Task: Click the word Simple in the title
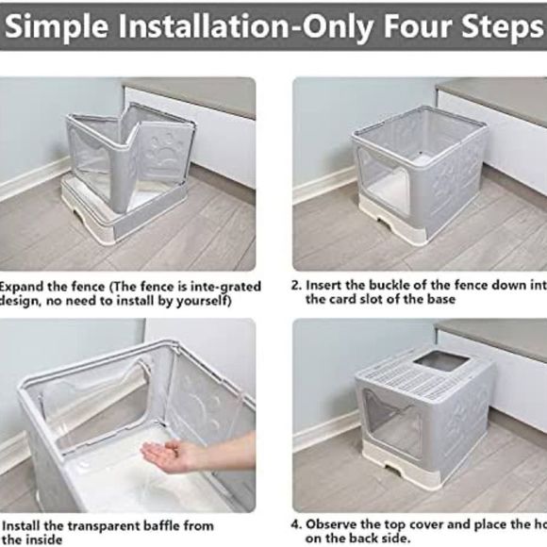point(58,26)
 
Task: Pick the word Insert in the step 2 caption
point(324,285)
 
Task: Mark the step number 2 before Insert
point(296,285)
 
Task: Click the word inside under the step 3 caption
point(42,539)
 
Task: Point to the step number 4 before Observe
point(296,524)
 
